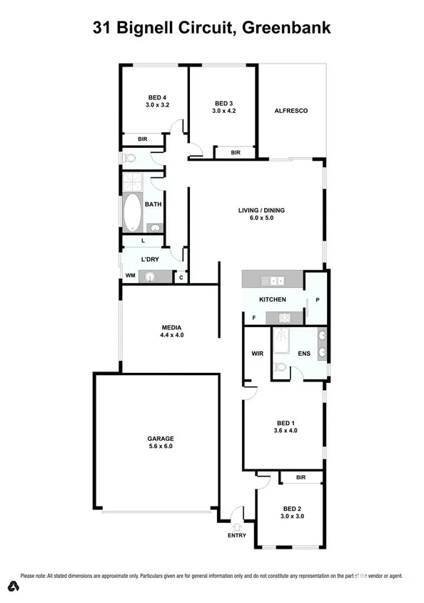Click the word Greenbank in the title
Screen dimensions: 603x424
(x=286, y=29)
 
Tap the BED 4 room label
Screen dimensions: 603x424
(x=157, y=97)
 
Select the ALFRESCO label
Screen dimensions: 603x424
(x=291, y=111)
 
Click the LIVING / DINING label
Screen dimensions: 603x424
(x=261, y=210)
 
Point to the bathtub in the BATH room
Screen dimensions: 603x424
(x=133, y=212)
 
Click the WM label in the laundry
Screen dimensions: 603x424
(x=131, y=275)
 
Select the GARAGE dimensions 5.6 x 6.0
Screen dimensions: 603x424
(x=161, y=446)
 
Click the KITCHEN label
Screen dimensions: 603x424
(x=273, y=299)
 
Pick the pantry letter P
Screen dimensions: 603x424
(x=317, y=300)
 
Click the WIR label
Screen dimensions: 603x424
(x=258, y=352)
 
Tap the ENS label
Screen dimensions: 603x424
(x=303, y=352)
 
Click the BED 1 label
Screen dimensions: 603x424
(x=285, y=422)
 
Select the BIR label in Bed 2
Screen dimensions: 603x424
(x=301, y=477)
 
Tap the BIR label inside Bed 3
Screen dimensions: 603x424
(x=236, y=152)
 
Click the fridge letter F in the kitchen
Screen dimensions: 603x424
(x=253, y=317)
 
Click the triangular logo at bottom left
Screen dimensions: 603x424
(x=13, y=588)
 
